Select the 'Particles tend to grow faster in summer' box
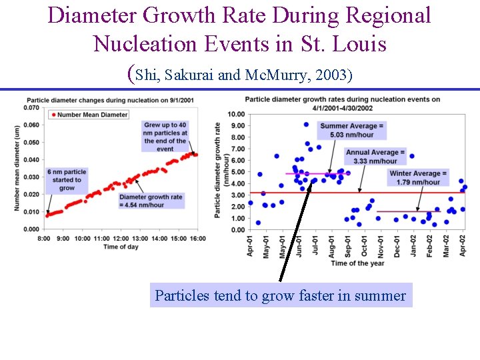pos(281,295)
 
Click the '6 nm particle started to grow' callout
pos(67,180)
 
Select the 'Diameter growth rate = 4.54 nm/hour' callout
pos(151,201)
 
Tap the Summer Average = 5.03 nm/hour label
pos(351,130)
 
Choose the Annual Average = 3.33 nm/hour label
pos(376,157)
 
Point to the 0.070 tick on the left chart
pos(31,107)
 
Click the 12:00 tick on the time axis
pos(120,238)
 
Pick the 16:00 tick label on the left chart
pos(197,238)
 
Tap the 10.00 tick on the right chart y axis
pos(236,113)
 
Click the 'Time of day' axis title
pos(121,247)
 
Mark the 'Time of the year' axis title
pos(358,263)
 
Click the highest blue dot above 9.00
pos(306,125)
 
